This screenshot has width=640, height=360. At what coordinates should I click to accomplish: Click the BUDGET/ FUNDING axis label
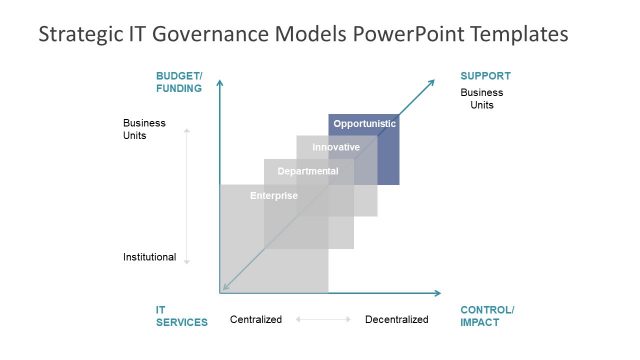pyautogui.click(x=179, y=82)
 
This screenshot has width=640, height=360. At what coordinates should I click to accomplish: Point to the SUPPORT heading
pyautogui.click(x=485, y=76)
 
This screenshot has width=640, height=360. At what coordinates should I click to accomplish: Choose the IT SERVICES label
pyautogui.click(x=181, y=316)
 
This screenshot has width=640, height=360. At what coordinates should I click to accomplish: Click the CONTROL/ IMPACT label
pyautogui.click(x=487, y=316)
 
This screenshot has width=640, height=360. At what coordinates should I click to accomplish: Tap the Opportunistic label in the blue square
pyautogui.click(x=365, y=124)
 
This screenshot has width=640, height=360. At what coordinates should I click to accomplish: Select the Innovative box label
pyautogui.click(x=336, y=147)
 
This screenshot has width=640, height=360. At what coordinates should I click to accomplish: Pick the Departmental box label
pyautogui.click(x=308, y=171)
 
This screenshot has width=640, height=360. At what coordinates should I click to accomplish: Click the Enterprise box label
pyautogui.click(x=273, y=195)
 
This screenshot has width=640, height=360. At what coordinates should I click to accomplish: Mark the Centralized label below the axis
pyautogui.click(x=256, y=320)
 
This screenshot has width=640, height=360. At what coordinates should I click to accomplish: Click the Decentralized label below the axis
pyautogui.click(x=396, y=320)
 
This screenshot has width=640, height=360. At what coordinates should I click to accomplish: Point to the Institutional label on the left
pyautogui.click(x=149, y=257)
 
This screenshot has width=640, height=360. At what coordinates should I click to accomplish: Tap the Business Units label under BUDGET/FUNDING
pyautogui.click(x=144, y=129)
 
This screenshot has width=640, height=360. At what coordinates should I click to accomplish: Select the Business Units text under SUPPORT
pyautogui.click(x=481, y=99)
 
